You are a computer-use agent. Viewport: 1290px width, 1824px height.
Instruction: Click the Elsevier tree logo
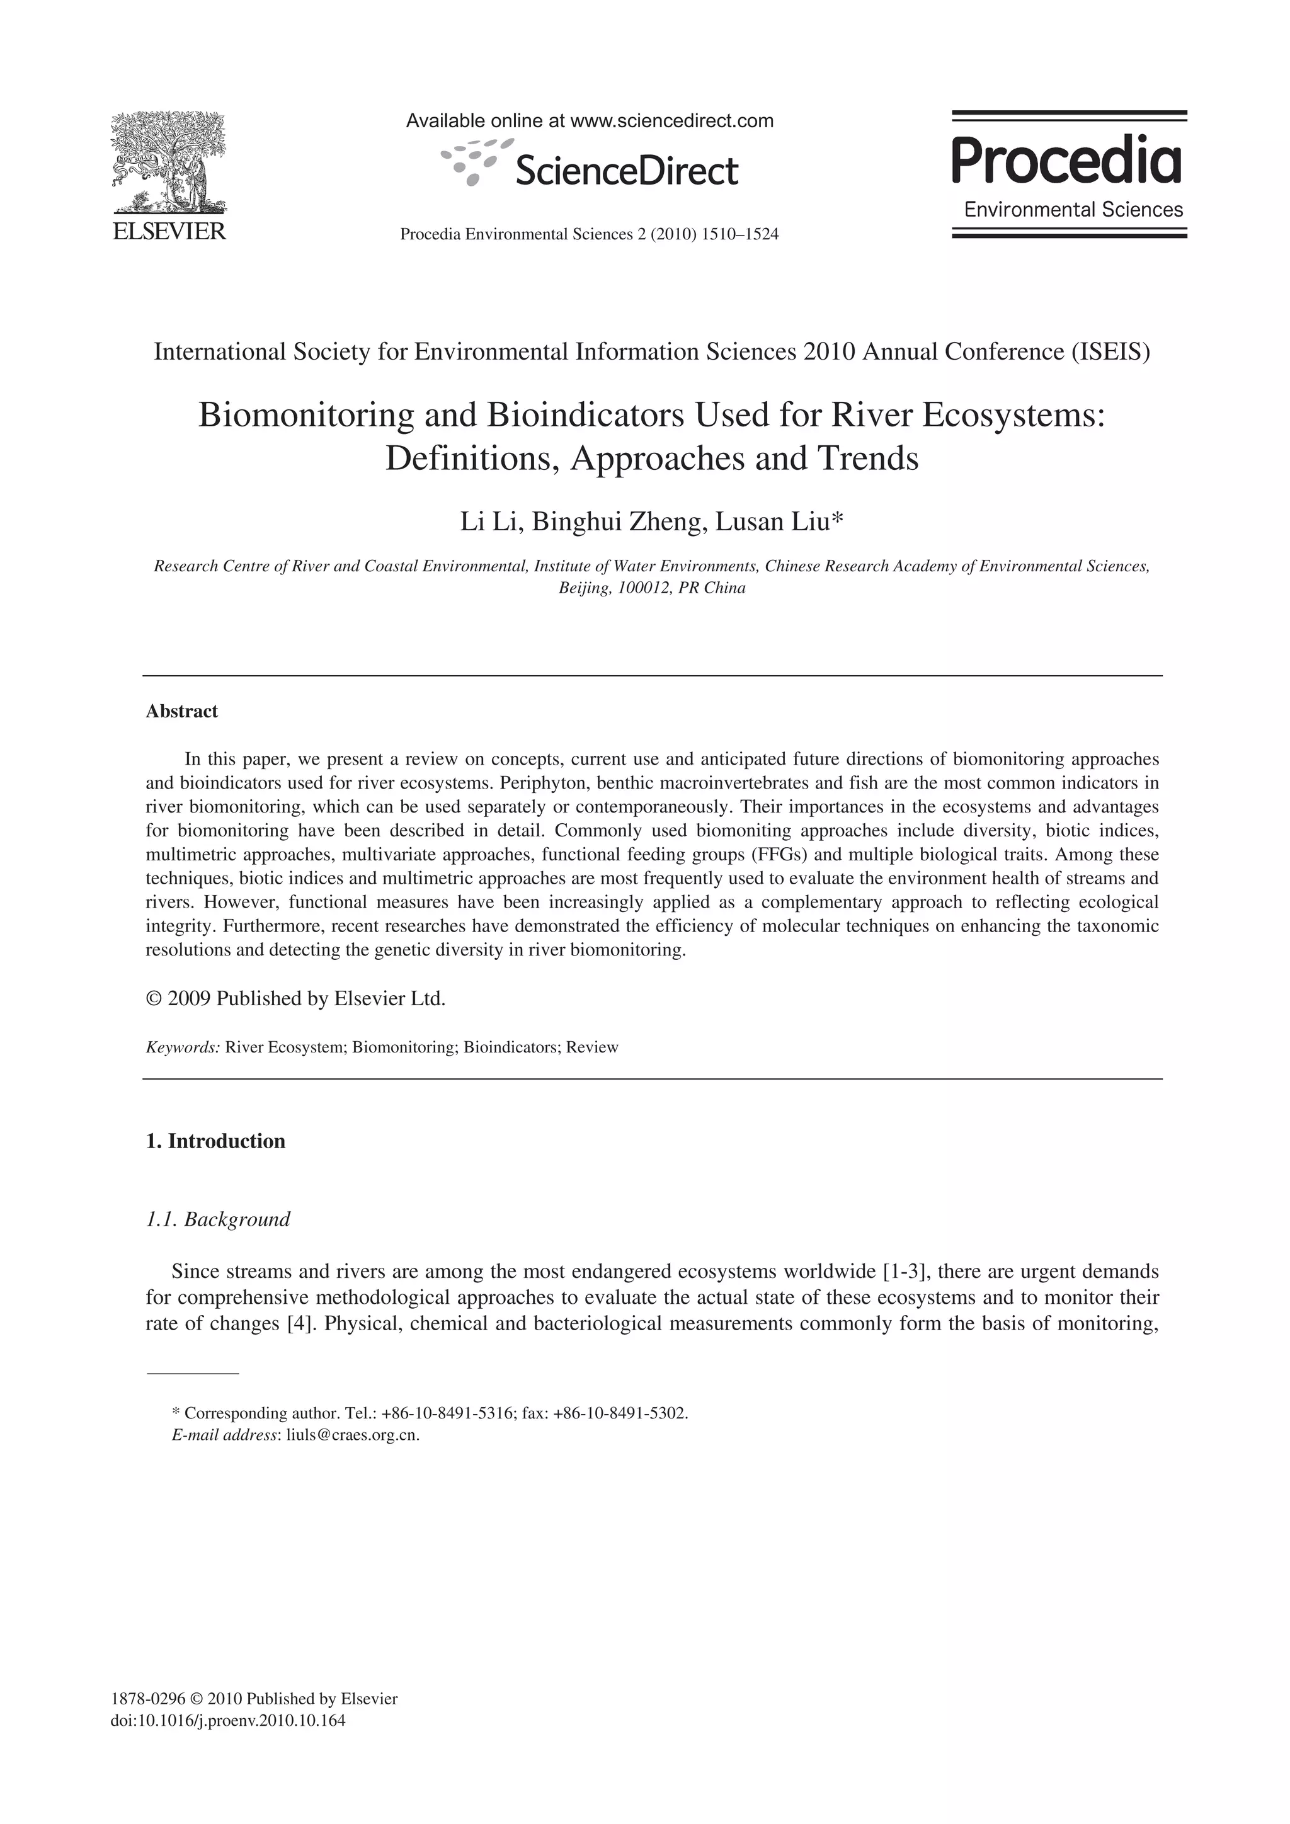[168, 163]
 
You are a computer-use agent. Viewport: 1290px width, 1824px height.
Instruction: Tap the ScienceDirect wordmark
[627, 171]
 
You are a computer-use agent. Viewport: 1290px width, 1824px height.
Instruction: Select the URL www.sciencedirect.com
[672, 121]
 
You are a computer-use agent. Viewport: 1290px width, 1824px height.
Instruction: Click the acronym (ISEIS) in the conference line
[1110, 351]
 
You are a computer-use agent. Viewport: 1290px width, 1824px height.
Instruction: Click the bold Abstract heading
[182, 711]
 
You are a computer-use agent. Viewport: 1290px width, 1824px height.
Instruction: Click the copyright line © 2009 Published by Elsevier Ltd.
[295, 998]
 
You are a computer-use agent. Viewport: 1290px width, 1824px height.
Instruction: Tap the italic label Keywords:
[183, 1047]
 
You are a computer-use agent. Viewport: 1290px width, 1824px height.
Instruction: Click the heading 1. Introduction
[215, 1142]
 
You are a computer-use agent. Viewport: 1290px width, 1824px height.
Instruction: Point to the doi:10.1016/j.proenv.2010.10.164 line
[228, 1721]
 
